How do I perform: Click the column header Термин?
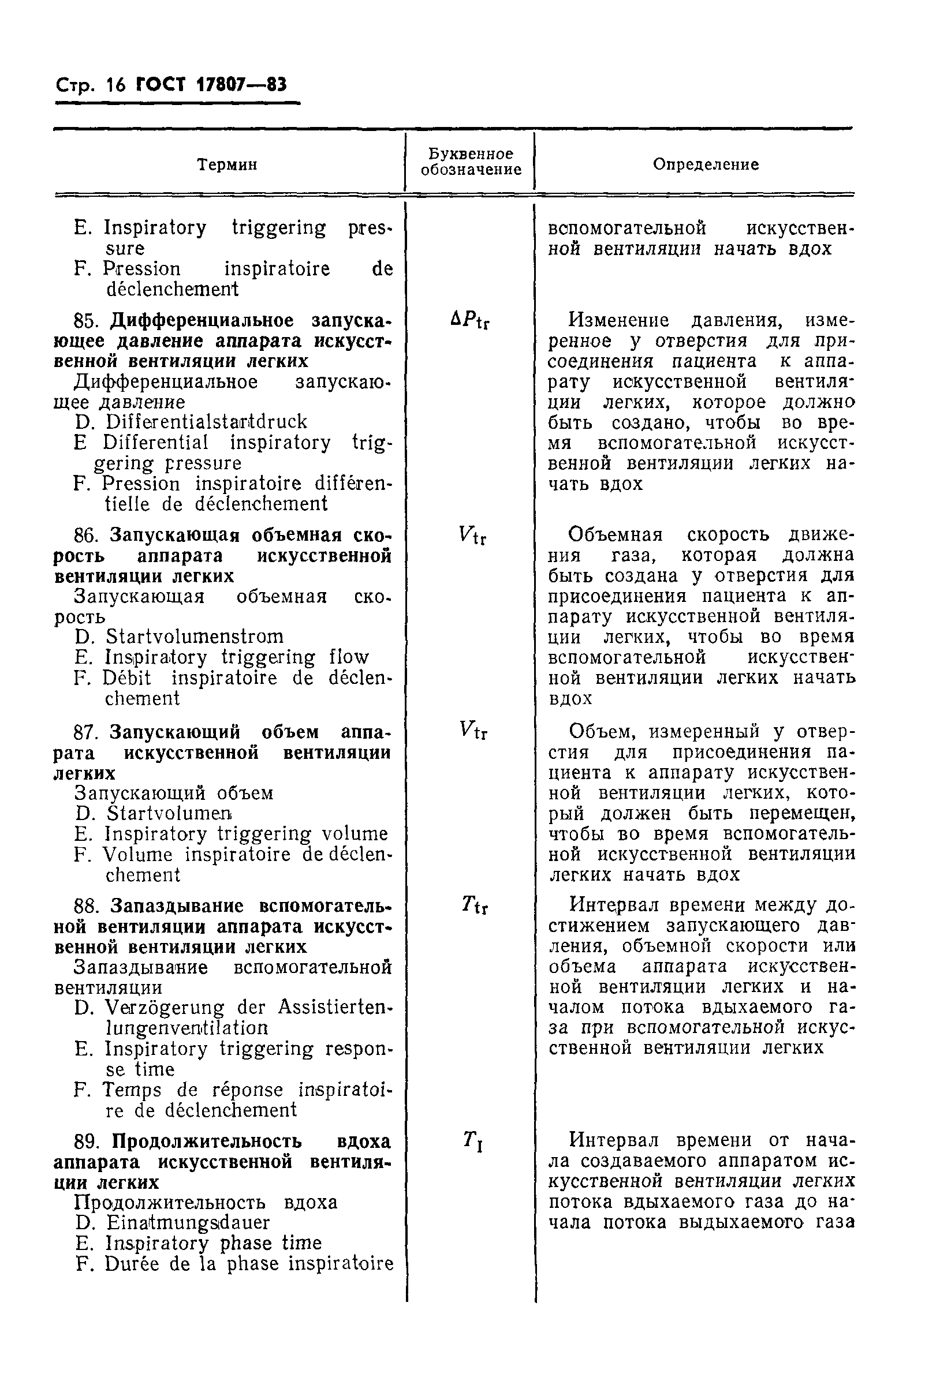227,164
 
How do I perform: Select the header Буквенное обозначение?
471,162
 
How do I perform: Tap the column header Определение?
706,164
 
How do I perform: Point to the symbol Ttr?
474,904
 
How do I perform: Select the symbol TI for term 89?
473,1142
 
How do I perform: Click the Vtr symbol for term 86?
472,536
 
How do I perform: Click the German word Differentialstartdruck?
207,422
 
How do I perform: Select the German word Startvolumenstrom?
195,637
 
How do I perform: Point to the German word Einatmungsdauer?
188,1222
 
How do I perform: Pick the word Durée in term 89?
132,1264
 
